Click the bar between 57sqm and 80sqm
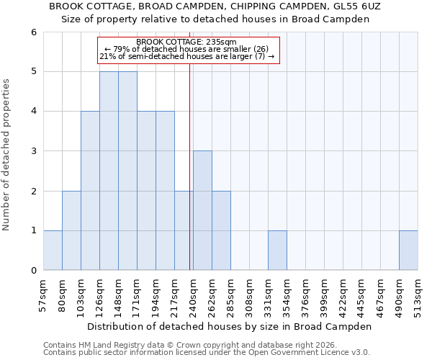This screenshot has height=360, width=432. (x=53, y=251)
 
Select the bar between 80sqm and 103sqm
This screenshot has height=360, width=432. (x=71, y=230)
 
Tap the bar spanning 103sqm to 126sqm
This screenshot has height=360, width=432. (x=90, y=191)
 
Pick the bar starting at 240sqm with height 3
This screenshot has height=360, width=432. (x=202, y=210)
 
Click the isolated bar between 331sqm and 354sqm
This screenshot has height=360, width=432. (x=277, y=251)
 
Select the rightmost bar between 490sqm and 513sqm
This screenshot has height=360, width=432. (x=408, y=251)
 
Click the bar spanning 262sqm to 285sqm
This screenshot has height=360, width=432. (x=221, y=230)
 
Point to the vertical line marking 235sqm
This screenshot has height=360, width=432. (x=189, y=166)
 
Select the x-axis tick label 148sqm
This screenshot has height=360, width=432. (x=118, y=295)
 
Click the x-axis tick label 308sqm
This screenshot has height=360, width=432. (x=249, y=295)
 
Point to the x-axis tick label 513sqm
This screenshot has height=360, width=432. (x=418, y=295)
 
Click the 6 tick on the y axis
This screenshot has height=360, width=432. (x=33, y=32)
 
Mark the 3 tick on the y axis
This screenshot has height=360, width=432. (x=33, y=151)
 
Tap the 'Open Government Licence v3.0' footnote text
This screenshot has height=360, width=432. (x=305, y=353)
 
